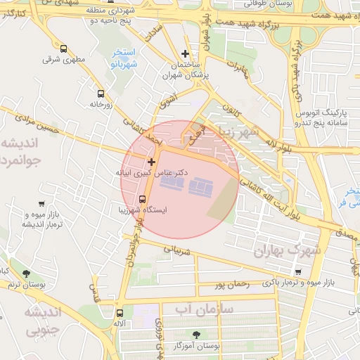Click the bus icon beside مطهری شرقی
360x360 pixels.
click(64, 49)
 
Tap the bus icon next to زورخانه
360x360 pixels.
click(101, 93)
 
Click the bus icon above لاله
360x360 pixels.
click(119, 313)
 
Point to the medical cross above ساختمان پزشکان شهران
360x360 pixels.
click(185, 53)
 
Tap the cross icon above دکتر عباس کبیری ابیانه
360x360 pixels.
click(151, 162)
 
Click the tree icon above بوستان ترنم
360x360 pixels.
click(27, 274)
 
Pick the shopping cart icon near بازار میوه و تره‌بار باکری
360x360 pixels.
click(298, 272)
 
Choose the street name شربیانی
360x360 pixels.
click(177, 248)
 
